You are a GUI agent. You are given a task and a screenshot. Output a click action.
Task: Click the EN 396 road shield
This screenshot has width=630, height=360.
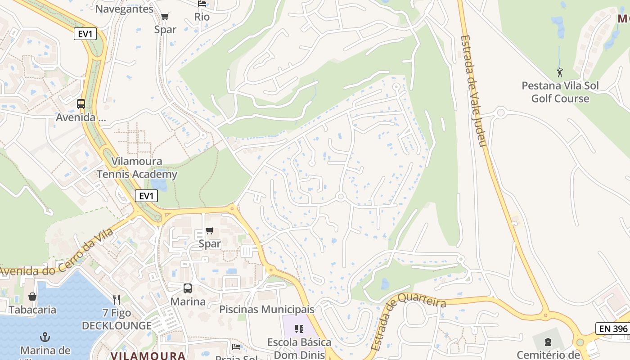tap(613, 328)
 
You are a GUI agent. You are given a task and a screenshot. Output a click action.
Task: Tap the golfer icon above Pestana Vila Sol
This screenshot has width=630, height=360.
tap(560, 72)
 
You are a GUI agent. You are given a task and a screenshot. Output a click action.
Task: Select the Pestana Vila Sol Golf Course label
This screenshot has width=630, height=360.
tap(560, 92)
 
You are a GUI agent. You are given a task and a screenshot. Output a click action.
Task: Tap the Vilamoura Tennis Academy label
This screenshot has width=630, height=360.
tap(137, 168)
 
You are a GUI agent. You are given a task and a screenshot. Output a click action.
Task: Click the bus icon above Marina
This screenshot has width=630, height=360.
tap(187, 288)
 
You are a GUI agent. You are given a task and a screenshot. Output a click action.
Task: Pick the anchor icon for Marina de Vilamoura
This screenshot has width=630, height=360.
tap(45, 337)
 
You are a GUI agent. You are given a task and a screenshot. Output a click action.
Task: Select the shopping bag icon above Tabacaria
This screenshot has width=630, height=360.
tap(32, 297)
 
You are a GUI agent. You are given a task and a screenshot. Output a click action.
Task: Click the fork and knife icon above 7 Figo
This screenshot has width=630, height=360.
tap(117, 300)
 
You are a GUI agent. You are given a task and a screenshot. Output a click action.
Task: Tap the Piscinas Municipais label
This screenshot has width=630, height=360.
tap(267, 310)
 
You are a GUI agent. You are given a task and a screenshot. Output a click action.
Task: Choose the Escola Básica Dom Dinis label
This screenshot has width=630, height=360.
tap(299, 348)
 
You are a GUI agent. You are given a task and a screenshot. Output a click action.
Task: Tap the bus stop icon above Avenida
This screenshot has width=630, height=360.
tap(81, 104)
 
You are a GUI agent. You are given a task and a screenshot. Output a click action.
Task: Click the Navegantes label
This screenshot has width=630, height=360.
tap(125, 9)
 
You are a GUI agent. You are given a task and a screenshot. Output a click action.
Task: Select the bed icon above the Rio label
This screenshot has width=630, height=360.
tap(202, 4)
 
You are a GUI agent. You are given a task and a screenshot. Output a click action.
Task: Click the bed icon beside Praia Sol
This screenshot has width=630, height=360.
tap(236, 347)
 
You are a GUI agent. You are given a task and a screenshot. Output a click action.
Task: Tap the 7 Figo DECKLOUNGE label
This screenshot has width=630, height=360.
tap(117, 319)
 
